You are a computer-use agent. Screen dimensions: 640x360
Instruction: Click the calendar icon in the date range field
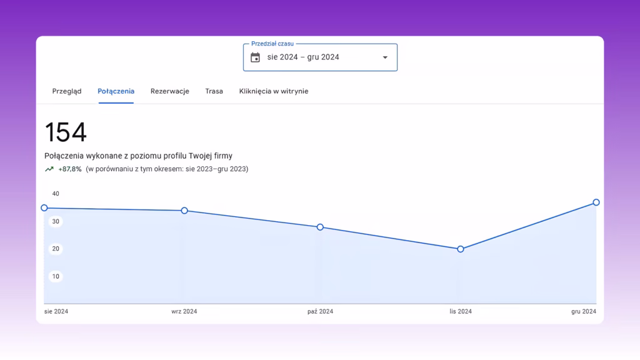click(255, 57)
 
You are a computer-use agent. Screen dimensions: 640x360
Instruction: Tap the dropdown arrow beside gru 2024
click(385, 57)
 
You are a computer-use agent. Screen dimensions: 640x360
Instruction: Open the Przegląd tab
click(67, 91)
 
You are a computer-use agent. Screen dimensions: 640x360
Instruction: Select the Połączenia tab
click(116, 91)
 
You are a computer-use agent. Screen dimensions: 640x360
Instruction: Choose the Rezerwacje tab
click(170, 91)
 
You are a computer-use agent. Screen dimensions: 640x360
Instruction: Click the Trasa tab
click(214, 91)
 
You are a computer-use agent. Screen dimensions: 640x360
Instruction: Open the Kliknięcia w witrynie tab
click(274, 91)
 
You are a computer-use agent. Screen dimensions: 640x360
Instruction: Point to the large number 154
click(66, 132)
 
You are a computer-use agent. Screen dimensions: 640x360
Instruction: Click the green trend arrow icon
click(49, 169)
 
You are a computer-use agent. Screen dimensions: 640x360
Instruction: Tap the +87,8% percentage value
click(70, 169)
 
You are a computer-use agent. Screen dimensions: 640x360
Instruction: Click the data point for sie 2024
click(44, 207)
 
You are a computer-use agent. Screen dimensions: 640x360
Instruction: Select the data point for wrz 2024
click(184, 211)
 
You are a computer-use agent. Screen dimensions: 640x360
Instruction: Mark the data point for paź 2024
click(320, 227)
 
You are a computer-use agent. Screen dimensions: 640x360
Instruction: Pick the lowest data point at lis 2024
click(461, 249)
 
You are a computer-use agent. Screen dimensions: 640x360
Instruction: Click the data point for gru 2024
click(596, 202)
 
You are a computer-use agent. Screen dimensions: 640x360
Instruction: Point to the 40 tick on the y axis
click(56, 194)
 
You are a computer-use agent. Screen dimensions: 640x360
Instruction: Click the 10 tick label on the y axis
click(56, 276)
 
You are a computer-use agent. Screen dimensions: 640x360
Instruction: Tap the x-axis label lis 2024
click(461, 311)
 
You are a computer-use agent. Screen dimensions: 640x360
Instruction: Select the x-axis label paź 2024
click(321, 311)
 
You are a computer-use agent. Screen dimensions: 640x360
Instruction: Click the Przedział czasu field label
click(272, 44)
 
